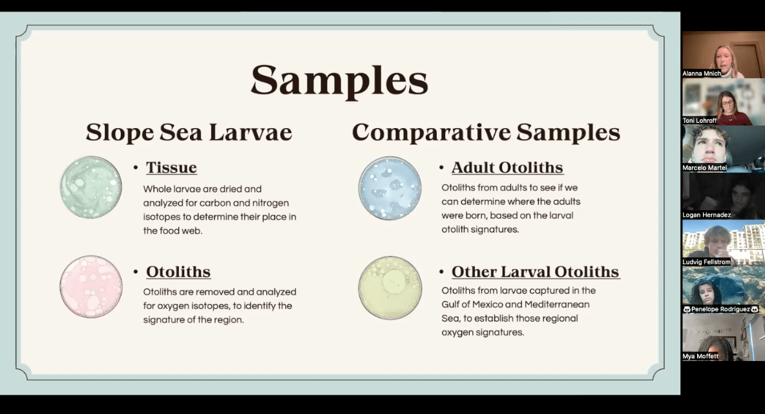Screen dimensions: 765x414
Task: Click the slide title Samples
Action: coord(340,81)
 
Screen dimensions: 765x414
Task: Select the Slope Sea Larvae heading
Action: coord(189,133)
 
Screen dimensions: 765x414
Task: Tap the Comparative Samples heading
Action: coord(486,133)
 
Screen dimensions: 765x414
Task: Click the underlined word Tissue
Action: coord(171,168)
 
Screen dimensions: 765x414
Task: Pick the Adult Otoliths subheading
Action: coord(507,168)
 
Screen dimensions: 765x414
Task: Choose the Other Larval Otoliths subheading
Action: coord(536,272)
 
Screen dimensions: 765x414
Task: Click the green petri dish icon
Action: coord(90,187)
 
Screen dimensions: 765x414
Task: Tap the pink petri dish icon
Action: coord(90,287)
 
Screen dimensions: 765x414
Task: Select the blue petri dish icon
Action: coord(390,188)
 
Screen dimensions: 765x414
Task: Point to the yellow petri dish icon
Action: coord(390,288)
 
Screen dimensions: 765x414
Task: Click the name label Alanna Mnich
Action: coord(702,73)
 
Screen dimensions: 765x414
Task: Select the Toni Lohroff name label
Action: coord(700,120)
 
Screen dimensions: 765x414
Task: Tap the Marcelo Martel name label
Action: coord(704,168)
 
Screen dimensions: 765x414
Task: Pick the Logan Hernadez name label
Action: coord(706,215)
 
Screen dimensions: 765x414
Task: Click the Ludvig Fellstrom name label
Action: coord(706,262)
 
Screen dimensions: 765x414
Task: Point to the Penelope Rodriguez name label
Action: coord(720,309)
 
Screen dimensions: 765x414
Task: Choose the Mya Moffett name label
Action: coord(700,356)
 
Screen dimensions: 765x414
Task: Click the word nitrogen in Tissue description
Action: coord(270,202)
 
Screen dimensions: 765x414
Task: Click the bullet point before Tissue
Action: coord(136,168)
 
